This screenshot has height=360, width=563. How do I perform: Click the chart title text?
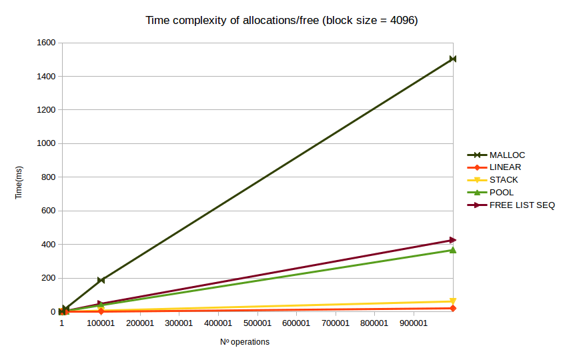coord(281,21)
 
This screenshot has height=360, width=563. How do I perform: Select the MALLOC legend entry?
coord(507,155)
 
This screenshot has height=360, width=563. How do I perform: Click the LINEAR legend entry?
coord(505,167)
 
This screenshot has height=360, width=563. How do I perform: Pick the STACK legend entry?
coord(504,180)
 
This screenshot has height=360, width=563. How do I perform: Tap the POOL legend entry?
coord(502,193)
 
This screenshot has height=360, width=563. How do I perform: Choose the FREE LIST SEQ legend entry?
coord(522,205)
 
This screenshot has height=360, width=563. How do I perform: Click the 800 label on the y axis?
coord(48,177)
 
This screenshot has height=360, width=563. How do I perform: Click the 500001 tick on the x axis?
coord(257,323)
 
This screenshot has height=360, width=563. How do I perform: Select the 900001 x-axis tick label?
coord(413,323)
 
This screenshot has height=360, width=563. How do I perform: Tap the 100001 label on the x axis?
coord(101,323)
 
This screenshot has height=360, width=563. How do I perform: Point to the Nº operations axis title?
coord(245,342)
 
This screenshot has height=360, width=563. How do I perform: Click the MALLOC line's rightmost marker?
coord(453,59)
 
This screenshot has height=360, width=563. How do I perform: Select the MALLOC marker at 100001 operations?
coord(101,280)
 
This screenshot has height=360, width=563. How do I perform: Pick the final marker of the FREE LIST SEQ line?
coord(453,240)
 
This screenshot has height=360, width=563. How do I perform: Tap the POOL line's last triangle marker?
coord(453,250)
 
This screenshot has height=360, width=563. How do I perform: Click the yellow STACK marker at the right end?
coord(453,301)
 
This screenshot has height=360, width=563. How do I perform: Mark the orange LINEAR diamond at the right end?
coord(453,308)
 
